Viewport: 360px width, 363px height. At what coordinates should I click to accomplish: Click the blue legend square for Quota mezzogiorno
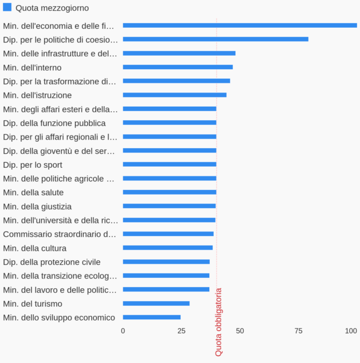pyautogui.click(x=7, y=7)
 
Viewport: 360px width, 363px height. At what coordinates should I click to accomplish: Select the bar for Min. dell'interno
pyautogui.click(x=177, y=67)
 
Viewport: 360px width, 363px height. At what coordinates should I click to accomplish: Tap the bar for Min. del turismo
pyautogui.click(x=156, y=303)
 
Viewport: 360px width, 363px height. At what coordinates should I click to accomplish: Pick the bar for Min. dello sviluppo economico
pyautogui.click(x=151, y=317)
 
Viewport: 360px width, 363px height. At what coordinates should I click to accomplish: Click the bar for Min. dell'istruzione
pyautogui.click(x=175, y=95)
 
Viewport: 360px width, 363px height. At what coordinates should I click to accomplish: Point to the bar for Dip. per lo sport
pyautogui.click(x=170, y=164)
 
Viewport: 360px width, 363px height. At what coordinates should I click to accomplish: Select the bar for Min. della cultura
pyautogui.click(x=168, y=248)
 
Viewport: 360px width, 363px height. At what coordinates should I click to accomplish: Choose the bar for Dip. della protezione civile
pyautogui.click(x=166, y=261)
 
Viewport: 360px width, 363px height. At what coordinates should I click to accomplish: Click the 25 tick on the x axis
pyautogui.click(x=181, y=331)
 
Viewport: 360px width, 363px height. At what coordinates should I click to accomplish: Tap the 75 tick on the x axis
pyautogui.click(x=298, y=331)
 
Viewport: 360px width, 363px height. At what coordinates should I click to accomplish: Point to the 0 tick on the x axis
pyautogui.click(x=123, y=331)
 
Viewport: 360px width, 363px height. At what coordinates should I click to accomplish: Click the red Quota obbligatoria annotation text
pyautogui.click(x=219, y=322)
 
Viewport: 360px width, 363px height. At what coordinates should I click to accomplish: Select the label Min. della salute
pyautogui.click(x=33, y=192)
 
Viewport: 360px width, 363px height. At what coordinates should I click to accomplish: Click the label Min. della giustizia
pyautogui.click(x=37, y=206)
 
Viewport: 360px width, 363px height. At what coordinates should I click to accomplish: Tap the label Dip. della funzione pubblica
pyautogui.click(x=54, y=123)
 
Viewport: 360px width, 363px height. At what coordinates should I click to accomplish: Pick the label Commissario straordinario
pyautogui.click(x=60, y=234)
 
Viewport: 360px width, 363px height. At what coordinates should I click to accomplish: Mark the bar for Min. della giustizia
pyautogui.click(x=170, y=206)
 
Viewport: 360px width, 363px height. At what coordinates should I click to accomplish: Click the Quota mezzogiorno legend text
pyautogui.click(x=52, y=8)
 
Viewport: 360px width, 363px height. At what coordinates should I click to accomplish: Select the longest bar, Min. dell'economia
pyautogui.click(x=240, y=25)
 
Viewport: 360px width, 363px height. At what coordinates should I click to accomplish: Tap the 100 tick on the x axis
pyautogui.click(x=351, y=331)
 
